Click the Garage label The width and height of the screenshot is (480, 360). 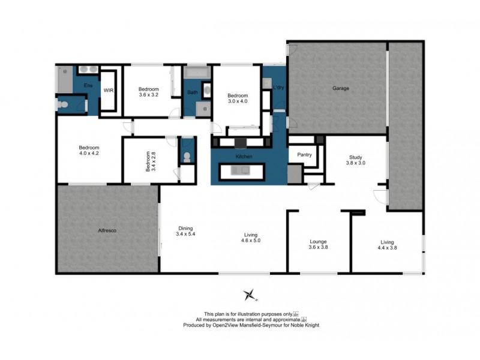click(x=341, y=88)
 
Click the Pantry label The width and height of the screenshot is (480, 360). click(x=305, y=155)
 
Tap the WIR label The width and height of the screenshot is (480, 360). click(x=109, y=90)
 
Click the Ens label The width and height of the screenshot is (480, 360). click(x=87, y=86)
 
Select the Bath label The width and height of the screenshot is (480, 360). click(x=192, y=92)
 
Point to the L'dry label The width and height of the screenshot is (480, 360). click(x=278, y=88)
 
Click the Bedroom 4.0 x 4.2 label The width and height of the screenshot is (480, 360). click(x=89, y=151)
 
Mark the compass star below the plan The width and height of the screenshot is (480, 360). click(x=250, y=295)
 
